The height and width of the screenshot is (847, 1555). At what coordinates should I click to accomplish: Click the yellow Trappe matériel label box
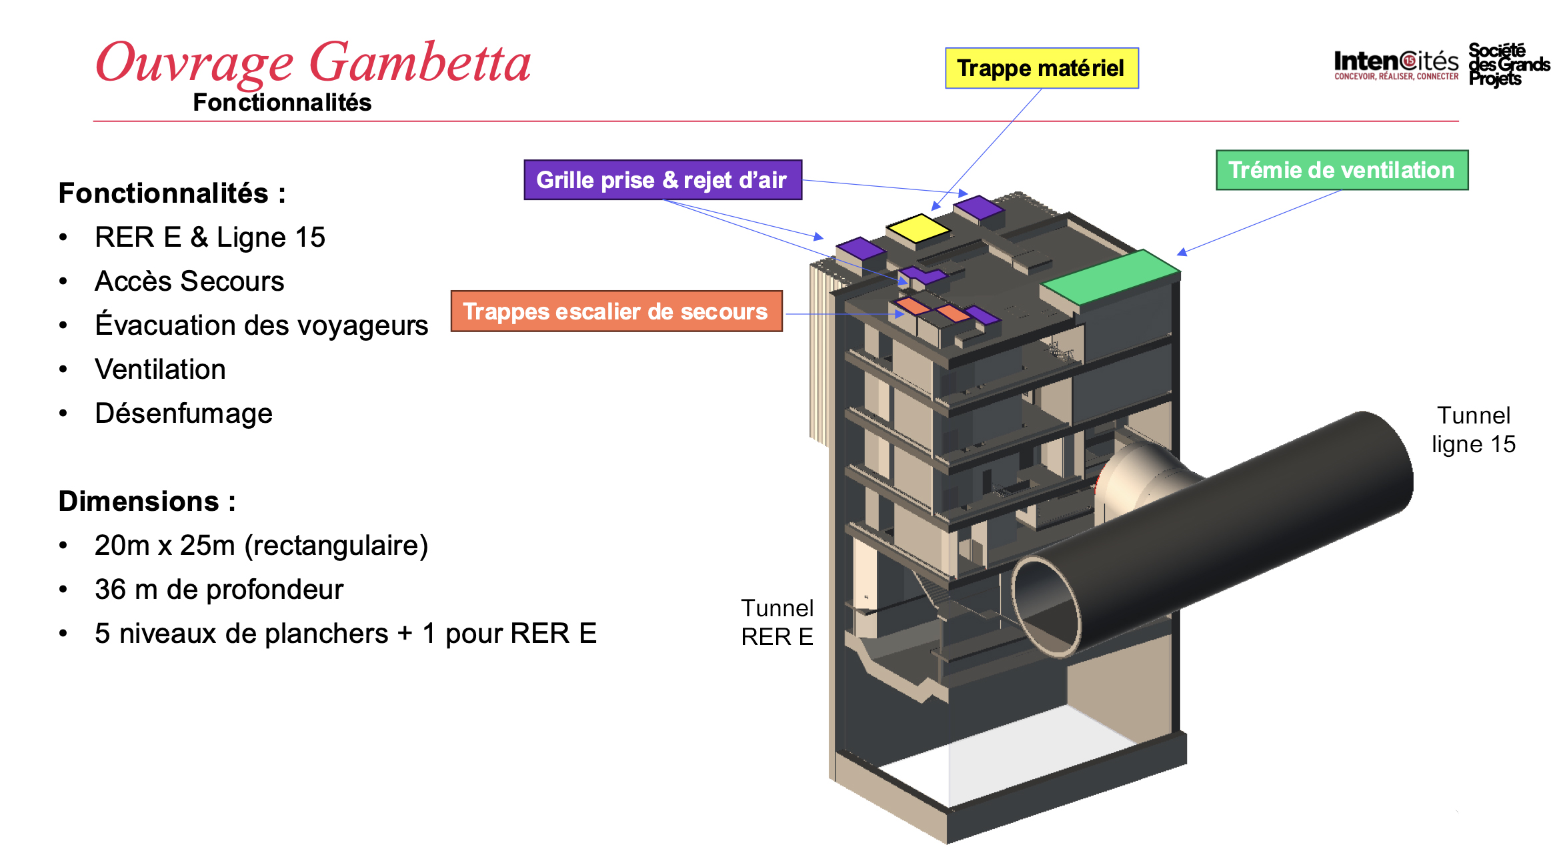point(1041,68)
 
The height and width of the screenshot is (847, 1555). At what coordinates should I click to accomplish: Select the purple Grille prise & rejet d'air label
point(662,180)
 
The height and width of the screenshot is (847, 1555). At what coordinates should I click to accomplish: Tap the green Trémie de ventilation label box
point(1341,170)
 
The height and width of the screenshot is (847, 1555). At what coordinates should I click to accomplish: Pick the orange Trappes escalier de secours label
point(615,311)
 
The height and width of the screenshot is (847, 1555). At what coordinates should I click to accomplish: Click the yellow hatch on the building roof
point(918,228)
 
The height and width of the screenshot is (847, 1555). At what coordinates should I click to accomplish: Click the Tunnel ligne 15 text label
point(1473,430)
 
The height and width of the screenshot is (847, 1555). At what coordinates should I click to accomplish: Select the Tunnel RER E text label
point(777,622)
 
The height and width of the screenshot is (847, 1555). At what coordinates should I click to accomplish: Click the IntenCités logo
point(1396,65)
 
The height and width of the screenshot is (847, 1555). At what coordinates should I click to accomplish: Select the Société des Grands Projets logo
point(1508,65)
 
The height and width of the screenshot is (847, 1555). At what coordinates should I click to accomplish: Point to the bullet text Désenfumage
point(183,413)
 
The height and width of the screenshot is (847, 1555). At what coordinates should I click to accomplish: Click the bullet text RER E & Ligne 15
point(209,237)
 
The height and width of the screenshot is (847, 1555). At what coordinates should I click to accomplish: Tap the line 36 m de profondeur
point(219,590)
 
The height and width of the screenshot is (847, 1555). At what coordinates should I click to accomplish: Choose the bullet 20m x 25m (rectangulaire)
point(261,546)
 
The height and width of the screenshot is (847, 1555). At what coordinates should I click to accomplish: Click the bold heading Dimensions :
point(147,502)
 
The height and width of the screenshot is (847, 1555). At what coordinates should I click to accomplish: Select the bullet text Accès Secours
point(189,281)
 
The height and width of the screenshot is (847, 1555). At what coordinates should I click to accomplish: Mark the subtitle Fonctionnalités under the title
point(282,103)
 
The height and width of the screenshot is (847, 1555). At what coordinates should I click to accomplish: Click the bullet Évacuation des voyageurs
point(261,325)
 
